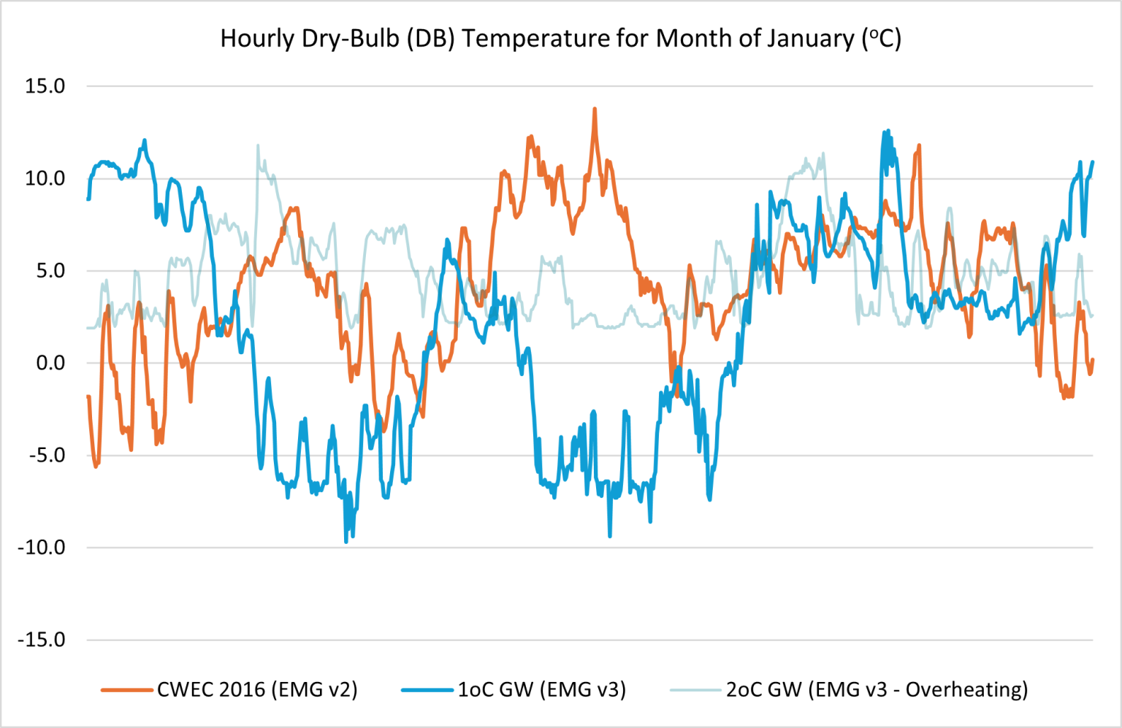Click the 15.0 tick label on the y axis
(x=45, y=86)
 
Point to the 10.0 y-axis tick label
(x=45, y=178)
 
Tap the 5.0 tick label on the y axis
(x=50, y=271)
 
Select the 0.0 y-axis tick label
(x=50, y=363)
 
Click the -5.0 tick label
(x=47, y=455)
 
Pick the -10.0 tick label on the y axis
(x=42, y=547)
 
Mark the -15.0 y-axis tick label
(x=42, y=640)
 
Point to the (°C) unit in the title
(x=882, y=38)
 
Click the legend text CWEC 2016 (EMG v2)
(x=257, y=689)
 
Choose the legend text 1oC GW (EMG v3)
(x=542, y=689)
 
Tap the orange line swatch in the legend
(x=127, y=689)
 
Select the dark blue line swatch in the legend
(x=427, y=689)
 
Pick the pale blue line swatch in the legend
(x=695, y=689)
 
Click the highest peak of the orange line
(x=595, y=110)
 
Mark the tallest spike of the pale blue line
(x=258, y=146)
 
